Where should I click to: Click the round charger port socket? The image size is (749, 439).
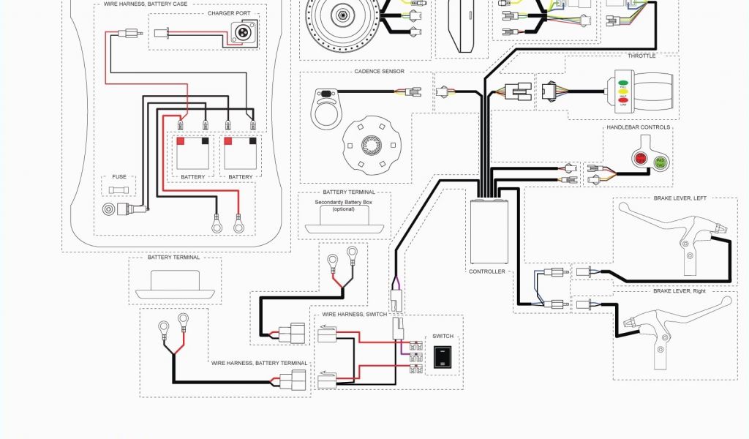[241, 32]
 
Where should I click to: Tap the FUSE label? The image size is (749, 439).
[119, 176]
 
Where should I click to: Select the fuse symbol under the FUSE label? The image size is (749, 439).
[118, 190]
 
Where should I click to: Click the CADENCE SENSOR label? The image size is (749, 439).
[379, 72]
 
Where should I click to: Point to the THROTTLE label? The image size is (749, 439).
[641, 56]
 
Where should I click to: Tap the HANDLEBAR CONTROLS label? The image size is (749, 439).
[638, 127]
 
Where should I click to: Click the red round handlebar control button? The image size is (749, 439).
[641, 157]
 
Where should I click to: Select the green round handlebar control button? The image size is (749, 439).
[660, 162]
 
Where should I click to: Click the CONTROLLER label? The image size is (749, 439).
[486, 271]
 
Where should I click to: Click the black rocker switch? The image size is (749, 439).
[443, 358]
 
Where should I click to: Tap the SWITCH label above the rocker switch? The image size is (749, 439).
[443, 337]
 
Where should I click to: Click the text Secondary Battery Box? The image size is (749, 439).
[343, 202]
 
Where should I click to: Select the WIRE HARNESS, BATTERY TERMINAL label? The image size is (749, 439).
[260, 364]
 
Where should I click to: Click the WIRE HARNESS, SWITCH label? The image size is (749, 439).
[350, 315]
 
